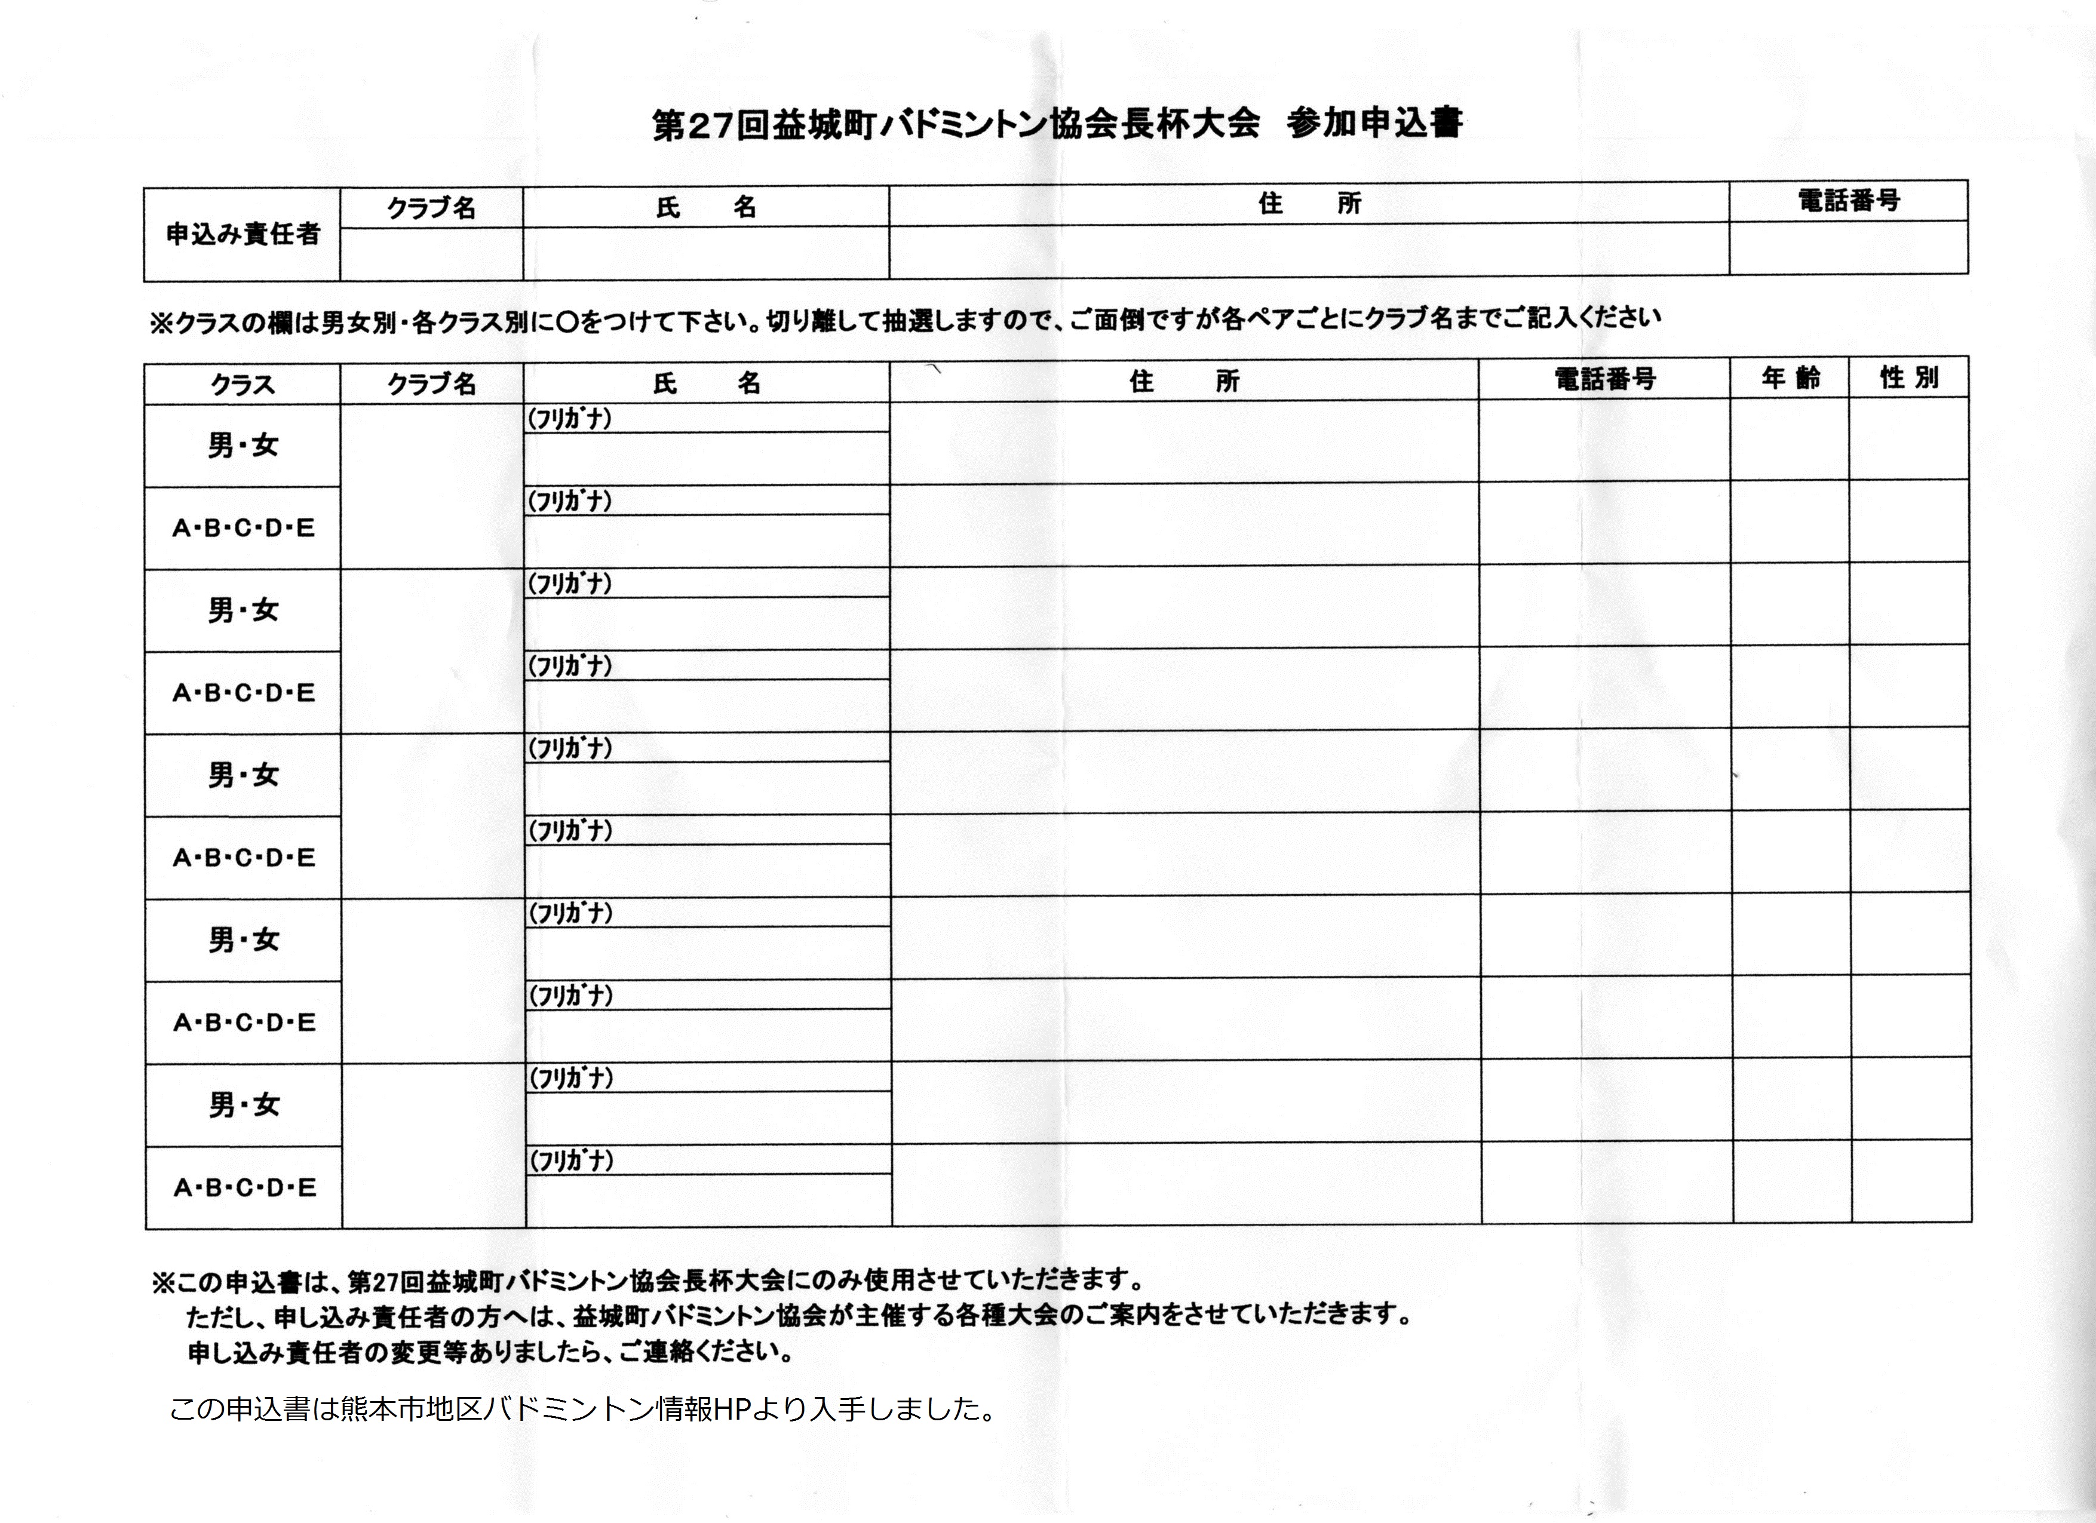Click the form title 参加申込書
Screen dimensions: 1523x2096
tap(1375, 123)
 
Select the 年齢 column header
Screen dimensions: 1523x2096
tap(1790, 378)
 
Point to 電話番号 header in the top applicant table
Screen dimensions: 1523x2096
tap(1848, 201)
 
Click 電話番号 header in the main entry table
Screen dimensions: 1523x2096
tap(1604, 379)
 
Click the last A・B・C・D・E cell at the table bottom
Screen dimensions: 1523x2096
tap(244, 1187)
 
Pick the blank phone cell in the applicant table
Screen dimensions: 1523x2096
tap(1848, 248)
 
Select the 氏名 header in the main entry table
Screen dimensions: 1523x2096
tap(707, 383)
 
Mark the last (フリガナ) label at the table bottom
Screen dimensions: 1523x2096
tap(571, 1160)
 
